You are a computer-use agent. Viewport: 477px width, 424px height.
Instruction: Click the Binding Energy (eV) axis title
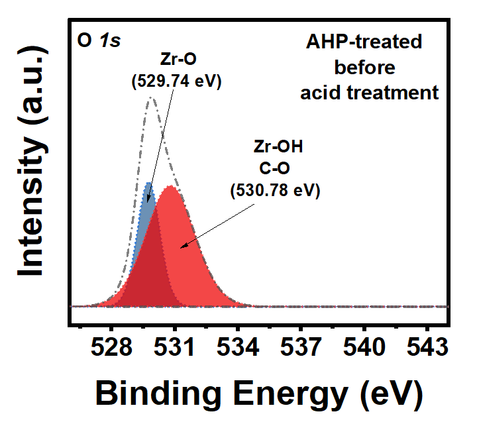coord(258,394)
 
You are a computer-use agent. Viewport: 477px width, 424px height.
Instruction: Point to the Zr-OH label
coord(278,147)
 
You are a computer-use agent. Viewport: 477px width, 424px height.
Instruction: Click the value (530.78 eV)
coord(274,191)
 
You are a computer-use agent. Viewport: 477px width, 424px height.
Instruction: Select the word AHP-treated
coord(364,42)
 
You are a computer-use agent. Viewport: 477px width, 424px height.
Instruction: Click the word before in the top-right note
coord(365,67)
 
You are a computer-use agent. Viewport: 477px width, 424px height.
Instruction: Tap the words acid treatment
coord(369,91)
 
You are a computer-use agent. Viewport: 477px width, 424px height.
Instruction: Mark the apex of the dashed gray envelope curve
coord(151,98)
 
